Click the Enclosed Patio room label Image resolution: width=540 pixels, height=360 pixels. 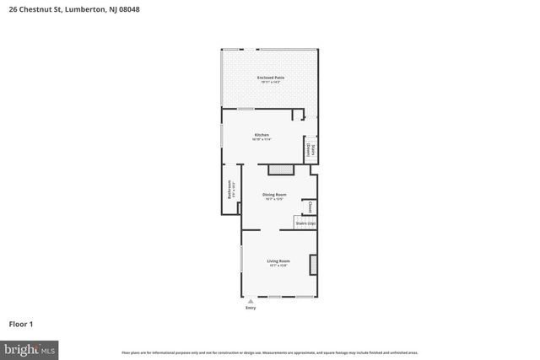271,78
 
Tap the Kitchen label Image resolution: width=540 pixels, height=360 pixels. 262,135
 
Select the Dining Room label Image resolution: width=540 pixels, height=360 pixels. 274,195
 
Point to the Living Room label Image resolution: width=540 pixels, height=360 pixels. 278,261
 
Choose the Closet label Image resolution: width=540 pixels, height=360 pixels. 310,207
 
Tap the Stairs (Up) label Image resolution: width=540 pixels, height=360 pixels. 305,223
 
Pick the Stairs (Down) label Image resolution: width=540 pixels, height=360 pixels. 311,150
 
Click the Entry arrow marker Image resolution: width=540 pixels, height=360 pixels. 250,301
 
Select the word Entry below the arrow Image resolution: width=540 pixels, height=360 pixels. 250,308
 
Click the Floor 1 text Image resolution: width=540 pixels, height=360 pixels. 20,324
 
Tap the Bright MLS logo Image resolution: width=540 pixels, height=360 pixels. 30,347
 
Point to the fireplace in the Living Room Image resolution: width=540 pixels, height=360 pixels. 314,266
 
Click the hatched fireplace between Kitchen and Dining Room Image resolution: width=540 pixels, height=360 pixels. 280,169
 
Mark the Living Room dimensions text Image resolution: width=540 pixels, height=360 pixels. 278,266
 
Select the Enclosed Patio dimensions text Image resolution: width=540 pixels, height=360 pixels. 271,83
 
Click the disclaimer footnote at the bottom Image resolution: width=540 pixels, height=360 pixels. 270,352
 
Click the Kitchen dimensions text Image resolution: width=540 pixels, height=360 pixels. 262,140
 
